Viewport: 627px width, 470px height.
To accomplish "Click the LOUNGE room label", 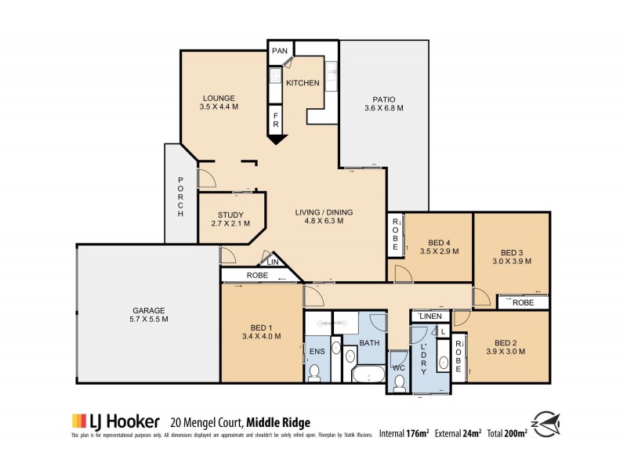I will tap(218, 98).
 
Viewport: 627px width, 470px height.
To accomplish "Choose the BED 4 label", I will tap(437, 242).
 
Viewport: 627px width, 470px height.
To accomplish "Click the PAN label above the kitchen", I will tap(280, 51).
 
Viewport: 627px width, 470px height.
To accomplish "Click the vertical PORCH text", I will tap(180, 196).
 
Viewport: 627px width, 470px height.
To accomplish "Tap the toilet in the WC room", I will tap(399, 381).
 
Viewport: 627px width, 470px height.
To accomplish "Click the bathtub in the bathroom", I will tap(365, 374).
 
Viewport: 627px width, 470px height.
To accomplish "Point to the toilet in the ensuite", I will tap(315, 374).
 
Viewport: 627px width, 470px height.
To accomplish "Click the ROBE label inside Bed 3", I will tap(523, 302).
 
